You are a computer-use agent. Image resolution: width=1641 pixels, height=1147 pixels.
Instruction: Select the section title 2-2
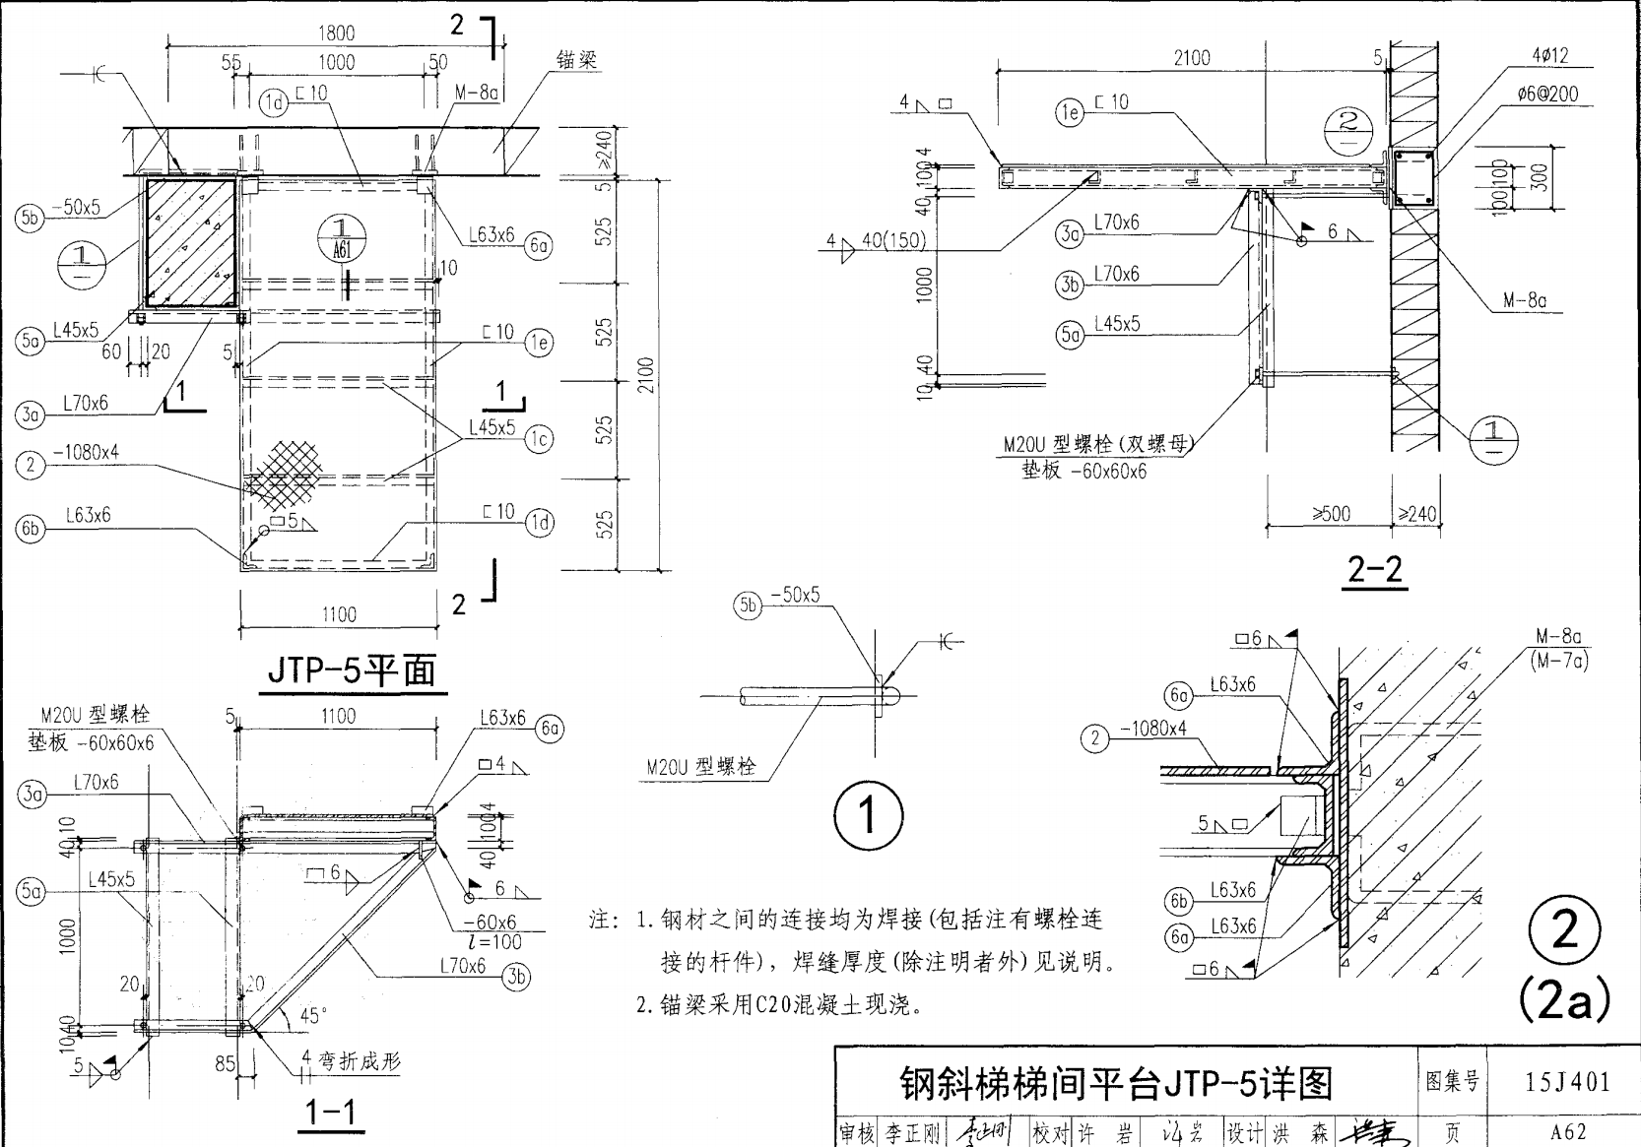[x=1375, y=569]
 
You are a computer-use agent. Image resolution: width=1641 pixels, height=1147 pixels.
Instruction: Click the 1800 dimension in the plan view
[x=336, y=32]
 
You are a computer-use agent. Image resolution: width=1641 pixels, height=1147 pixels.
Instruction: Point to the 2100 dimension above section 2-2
[x=1191, y=57]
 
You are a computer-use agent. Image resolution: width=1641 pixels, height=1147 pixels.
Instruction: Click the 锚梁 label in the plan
[x=576, y=60]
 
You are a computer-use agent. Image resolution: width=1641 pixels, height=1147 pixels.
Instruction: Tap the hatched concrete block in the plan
[x=191, y=242]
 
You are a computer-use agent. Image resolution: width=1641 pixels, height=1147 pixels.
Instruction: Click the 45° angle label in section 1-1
[x=313, y=1016]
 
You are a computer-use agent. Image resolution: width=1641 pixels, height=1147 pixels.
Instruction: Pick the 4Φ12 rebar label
[x=1549, y=56]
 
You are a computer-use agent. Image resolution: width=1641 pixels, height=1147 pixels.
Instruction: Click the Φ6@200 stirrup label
[x=1547, y=94]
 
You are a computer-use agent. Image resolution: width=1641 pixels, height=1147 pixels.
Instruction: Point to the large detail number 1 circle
[x=867, y=815]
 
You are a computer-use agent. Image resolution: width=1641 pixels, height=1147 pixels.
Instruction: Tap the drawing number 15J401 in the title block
[x=1567, y=1082]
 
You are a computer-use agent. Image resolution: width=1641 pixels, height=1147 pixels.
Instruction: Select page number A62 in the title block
[x=1567, y=1131]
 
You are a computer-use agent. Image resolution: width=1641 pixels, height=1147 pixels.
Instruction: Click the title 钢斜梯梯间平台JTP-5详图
[x=1116, y=1083]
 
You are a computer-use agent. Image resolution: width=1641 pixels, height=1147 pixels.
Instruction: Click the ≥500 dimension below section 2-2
[x=1331, y=513]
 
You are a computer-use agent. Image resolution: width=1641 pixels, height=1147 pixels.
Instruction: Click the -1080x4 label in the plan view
[x=86, y=452]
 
